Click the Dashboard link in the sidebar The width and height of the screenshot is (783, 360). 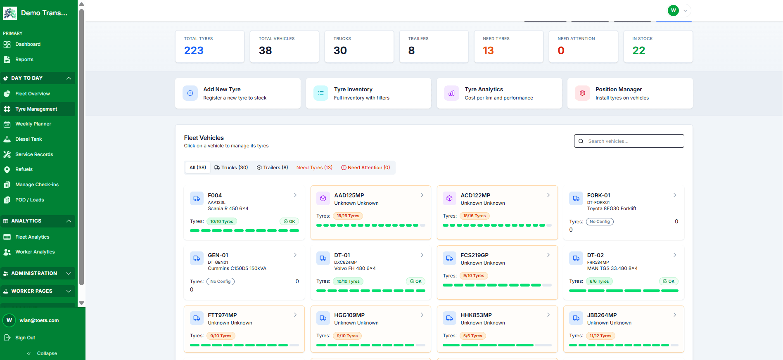click(x=28, y=44)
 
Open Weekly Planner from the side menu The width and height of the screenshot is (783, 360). click(x=33, y=124)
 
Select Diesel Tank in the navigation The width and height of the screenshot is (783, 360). click(x=28, y=139)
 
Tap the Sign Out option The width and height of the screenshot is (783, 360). click(x=25, y=338)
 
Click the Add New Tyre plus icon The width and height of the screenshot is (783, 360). click(x=190, y=93)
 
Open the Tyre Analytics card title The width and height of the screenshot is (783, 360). click(x=484, y=89)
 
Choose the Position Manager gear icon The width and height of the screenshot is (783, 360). click(x=582, y=93)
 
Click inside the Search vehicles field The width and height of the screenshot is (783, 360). click(x=629, y=141)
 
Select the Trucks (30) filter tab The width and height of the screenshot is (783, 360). click(x=231, y=168)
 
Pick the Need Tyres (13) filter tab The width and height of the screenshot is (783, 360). click(x=314, y=168)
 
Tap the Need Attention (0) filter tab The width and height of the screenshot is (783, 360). click(x=365, y=168)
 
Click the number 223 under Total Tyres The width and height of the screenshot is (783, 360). click(x=194, y=50)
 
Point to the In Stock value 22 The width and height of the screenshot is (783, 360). click(x=638, y=50)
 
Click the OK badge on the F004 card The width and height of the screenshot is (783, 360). click(x=289, y=222)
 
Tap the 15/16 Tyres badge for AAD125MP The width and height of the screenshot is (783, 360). click(x=348, y=216)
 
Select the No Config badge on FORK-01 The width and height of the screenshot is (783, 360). click(x=600, y=222)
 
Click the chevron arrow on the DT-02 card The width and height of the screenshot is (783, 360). click(x=675, y=255)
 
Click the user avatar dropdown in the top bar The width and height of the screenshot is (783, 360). click(x=679, y=10)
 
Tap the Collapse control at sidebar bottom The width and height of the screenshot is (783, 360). click(x=42, y=353)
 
